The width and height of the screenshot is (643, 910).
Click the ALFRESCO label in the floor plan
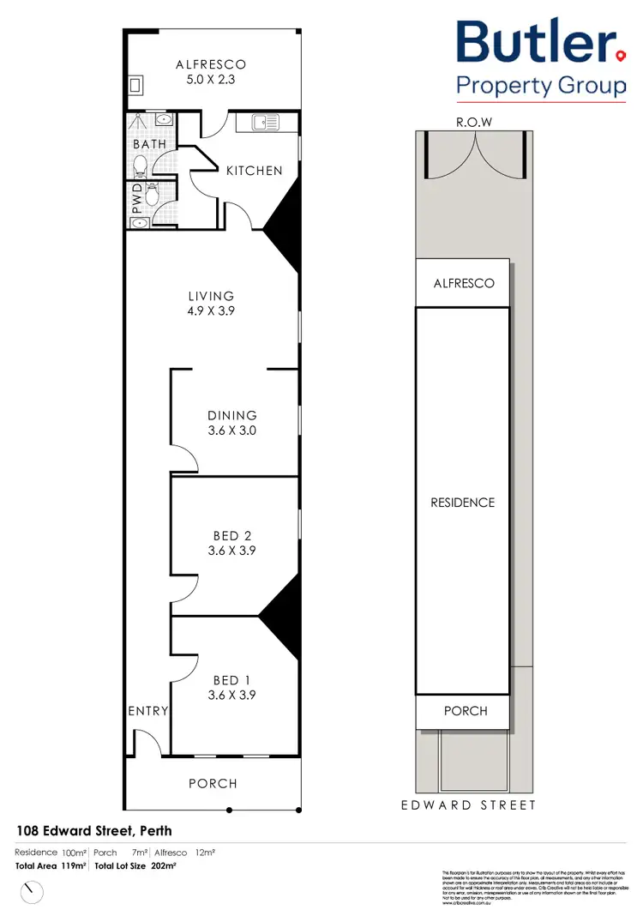coord(211,64)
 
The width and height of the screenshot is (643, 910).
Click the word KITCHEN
coord(254,171)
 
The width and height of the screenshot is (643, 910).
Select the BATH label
coord(149,144)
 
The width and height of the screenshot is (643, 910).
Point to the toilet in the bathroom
coord(140,163)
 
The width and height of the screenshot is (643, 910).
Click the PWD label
coord(135,204)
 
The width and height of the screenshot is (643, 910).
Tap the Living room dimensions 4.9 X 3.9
coord(212,311)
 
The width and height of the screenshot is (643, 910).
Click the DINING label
coord(231,415)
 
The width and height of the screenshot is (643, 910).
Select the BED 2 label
coord(231,536)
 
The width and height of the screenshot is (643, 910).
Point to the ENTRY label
coord(147,711)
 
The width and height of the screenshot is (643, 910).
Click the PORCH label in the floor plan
coord(213,783)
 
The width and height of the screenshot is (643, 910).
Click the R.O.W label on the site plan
coord(473,123)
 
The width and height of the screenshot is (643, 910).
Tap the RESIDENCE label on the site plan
coord(463,503)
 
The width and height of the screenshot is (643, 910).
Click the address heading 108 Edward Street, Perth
coord(94,830)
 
